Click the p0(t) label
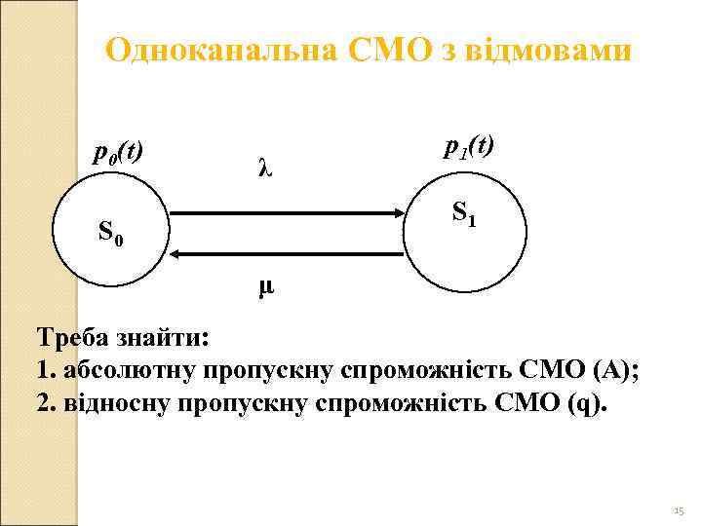click(x=118, y=153)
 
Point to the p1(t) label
click(x=469, y=146)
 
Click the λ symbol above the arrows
click(x=265, y=168)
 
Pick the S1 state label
click(x=464, y=210)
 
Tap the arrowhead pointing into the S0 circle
click(x=175, y=253)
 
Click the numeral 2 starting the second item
click(x=42, y=403)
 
